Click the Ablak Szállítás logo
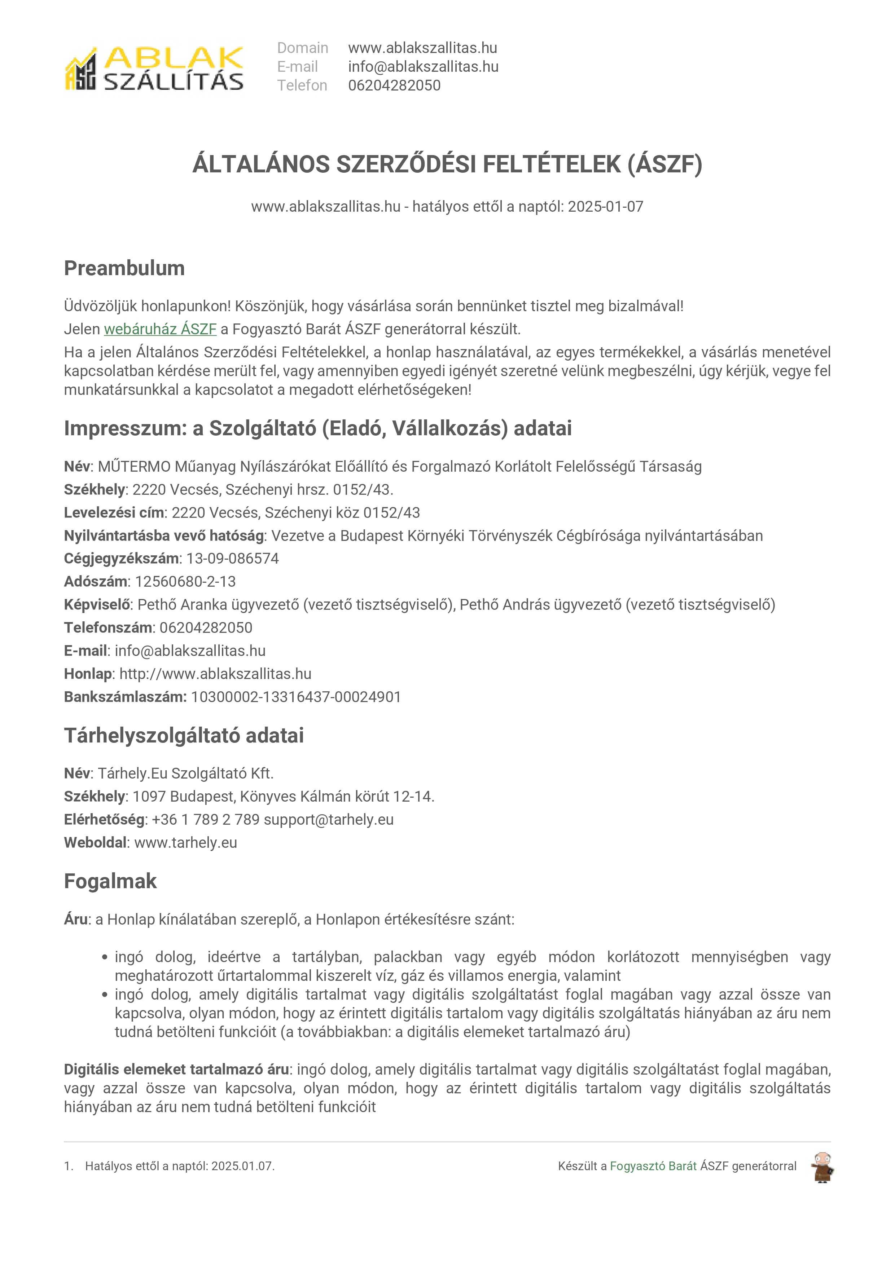pos(154,68)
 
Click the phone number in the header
pos(394,85)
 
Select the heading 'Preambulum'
pos(124,268)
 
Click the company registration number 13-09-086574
pos(233,558)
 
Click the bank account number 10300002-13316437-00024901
pos(296,697)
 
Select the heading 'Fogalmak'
pos(110,881)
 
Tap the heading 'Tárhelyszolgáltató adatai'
pos(184,736)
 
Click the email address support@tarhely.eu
pos(329,819)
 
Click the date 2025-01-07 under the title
pos(605,207)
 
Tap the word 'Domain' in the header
pos(303,48)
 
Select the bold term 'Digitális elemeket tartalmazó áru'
pos(176,1070)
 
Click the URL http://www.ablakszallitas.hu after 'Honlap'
pos(215,674)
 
